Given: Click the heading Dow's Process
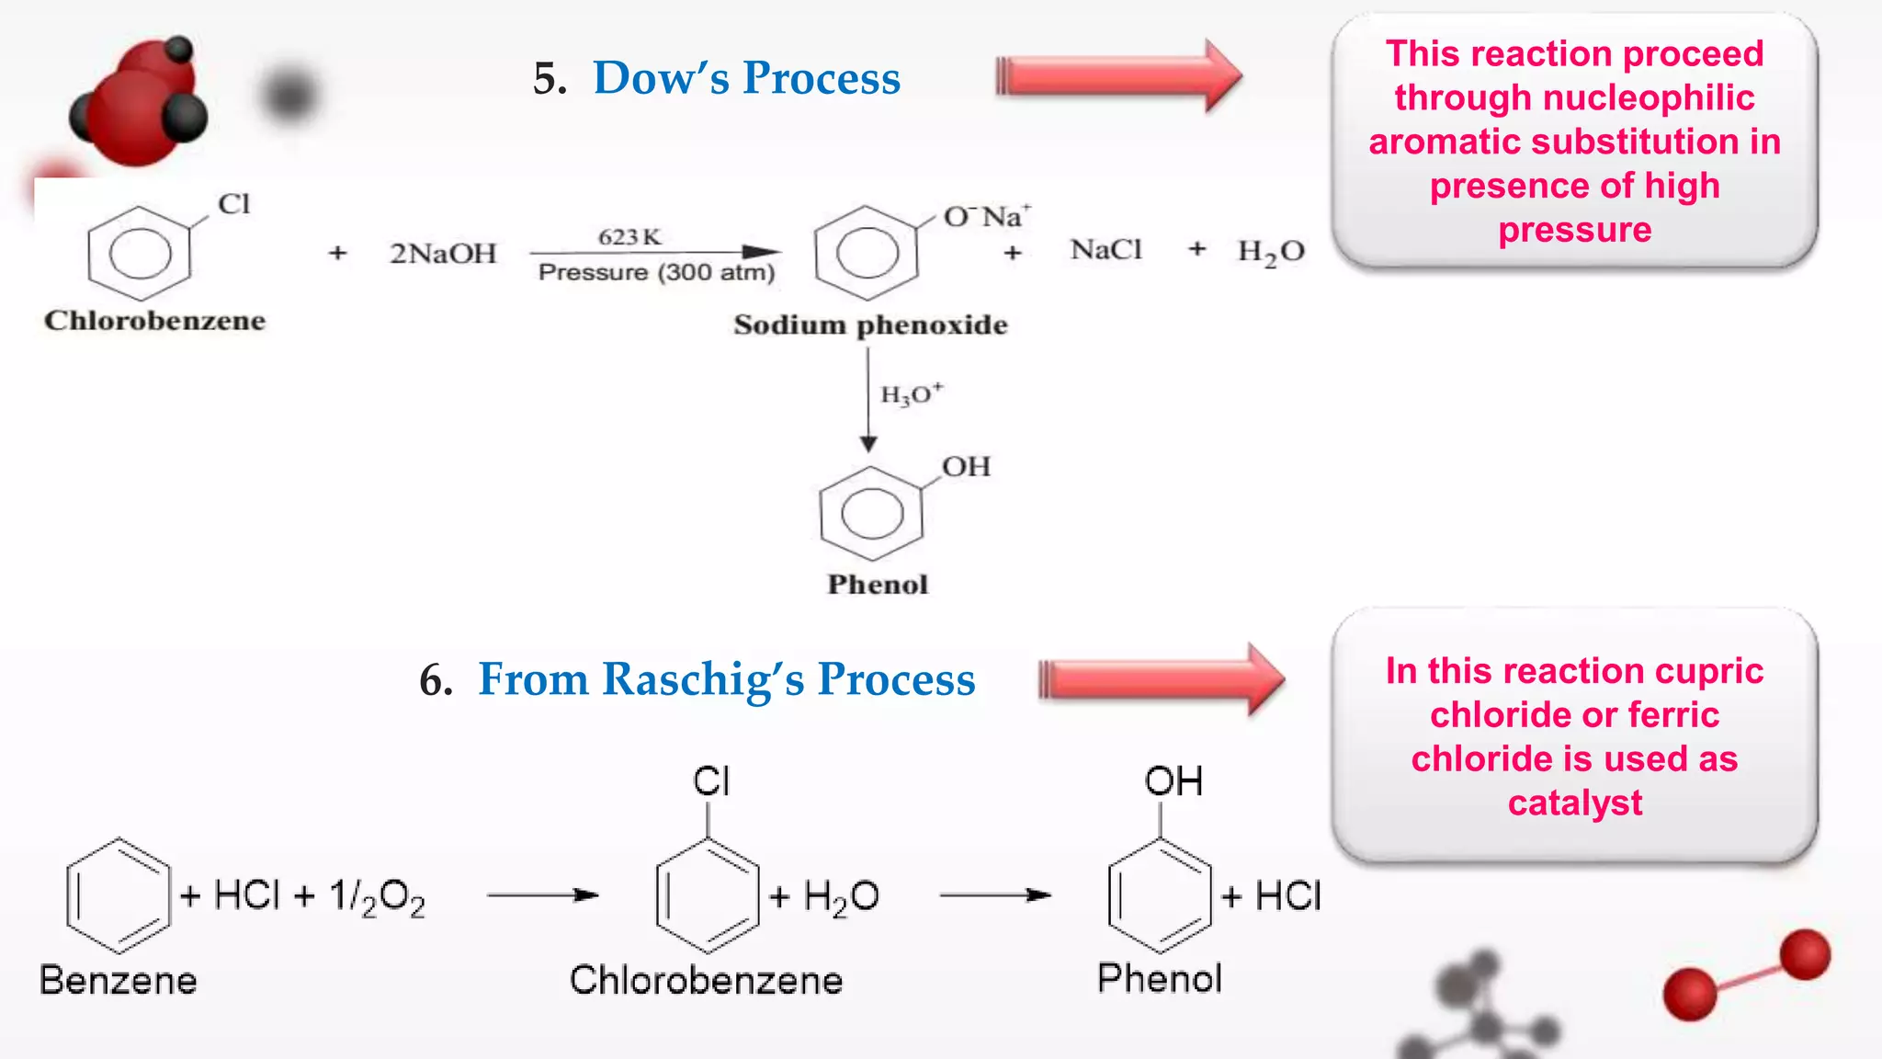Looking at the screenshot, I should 746,78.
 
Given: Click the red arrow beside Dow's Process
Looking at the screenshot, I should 1117,76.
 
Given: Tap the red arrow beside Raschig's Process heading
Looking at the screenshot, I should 1160,680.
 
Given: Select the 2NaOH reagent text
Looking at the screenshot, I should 442,253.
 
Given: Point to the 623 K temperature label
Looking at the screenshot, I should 629,236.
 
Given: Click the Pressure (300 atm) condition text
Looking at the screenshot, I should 656,272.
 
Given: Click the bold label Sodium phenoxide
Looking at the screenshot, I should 869,325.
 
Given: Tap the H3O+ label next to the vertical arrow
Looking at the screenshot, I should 911,394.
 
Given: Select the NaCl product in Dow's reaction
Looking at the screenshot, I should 1105,250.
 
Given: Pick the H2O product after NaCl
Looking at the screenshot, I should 1270,252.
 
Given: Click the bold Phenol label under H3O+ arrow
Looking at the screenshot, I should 878,585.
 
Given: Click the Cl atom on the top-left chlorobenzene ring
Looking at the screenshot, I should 233,204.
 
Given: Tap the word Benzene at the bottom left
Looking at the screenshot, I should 118,980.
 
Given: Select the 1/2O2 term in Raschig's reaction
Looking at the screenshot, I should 377,897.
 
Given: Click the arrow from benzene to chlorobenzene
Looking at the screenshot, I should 542,894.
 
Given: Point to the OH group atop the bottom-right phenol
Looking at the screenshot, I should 1173,781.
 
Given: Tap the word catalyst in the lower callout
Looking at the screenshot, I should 1574,803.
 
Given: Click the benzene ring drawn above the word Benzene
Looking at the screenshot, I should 118,894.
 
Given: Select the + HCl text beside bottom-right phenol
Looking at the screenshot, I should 1272,895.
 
